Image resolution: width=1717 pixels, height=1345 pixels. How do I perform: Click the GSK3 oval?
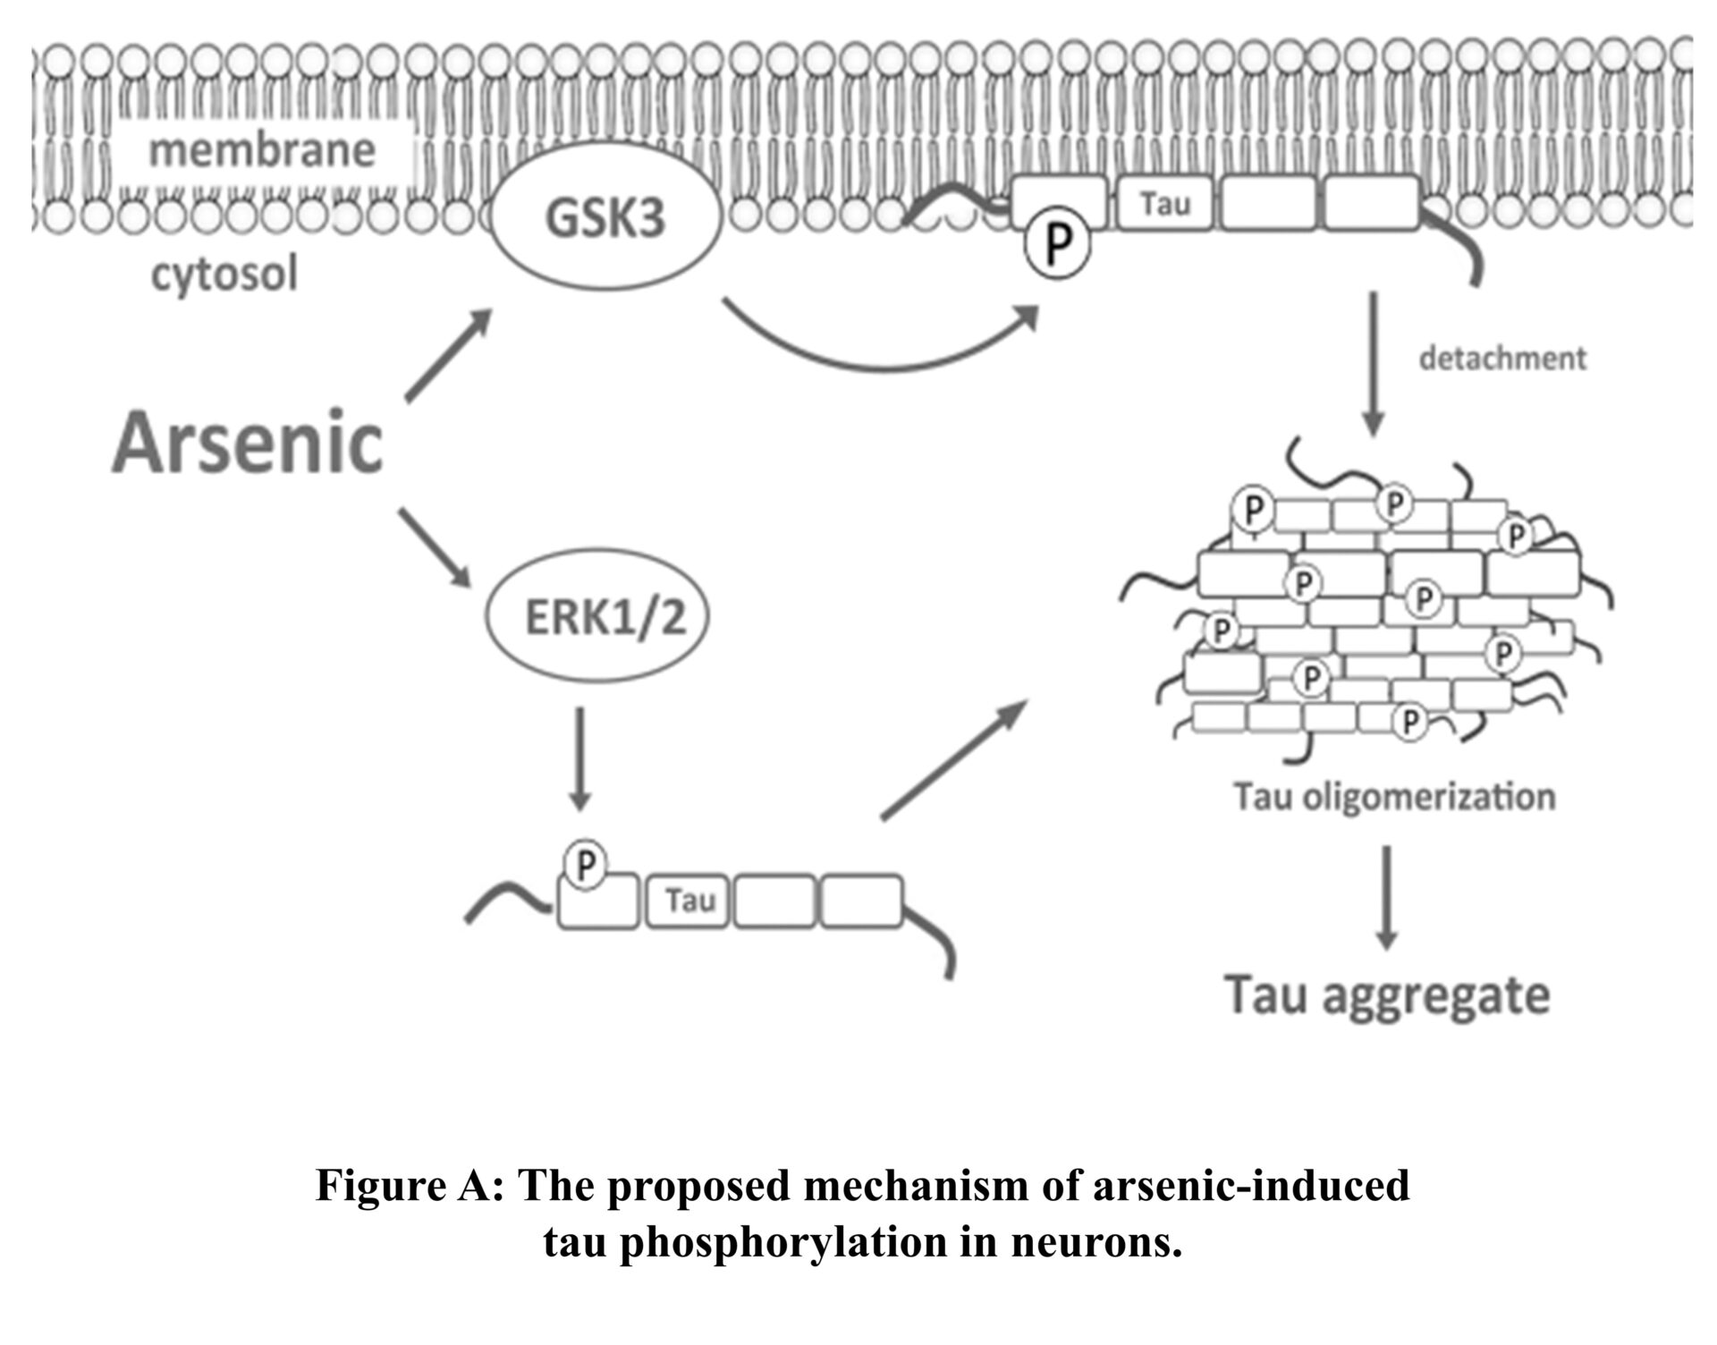pyautogui.click(x=605, y=219)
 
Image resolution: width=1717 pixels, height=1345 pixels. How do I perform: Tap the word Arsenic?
pyautogui.click(x=248, y=443)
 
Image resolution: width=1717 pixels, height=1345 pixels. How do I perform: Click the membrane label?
pyautogui.click(x=262, y=150)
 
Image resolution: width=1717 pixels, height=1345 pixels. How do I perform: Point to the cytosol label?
pyautogui.click(x=224, y=274)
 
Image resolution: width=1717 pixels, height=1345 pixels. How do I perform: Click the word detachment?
pyautogui.click(x=1502, y=359)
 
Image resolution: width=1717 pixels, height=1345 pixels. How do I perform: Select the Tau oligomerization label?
pyautogui.click(x=1394, y=796)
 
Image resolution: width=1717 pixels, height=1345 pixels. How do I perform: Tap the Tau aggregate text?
pyautogui.click(x=1386, y=995)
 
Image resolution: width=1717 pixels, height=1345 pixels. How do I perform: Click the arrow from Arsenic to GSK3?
pyautogui.click(x=448, y=356)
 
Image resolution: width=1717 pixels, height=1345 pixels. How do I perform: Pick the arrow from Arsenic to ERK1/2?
pyautogui.click(x=435, y=547)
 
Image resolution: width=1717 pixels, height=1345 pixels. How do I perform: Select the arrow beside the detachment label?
pyautogui.click(x=1374, y=362)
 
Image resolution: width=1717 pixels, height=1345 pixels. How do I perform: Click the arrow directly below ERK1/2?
pyautogui.click(x=580, y=758)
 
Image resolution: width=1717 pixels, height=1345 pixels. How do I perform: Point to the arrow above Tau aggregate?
pyautogui.click(x=1386, y=897)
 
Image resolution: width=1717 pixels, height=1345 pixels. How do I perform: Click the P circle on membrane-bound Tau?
pyautogui.click(x=1058, y=243)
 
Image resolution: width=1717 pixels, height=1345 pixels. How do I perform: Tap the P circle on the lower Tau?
pyautogui.click(x=586, y=865)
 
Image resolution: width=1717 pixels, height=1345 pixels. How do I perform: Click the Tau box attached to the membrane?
pyautogui.click(x=1165, y=204)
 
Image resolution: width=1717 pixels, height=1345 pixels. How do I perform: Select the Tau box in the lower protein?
pyautogui.click(x=689, y=901)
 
